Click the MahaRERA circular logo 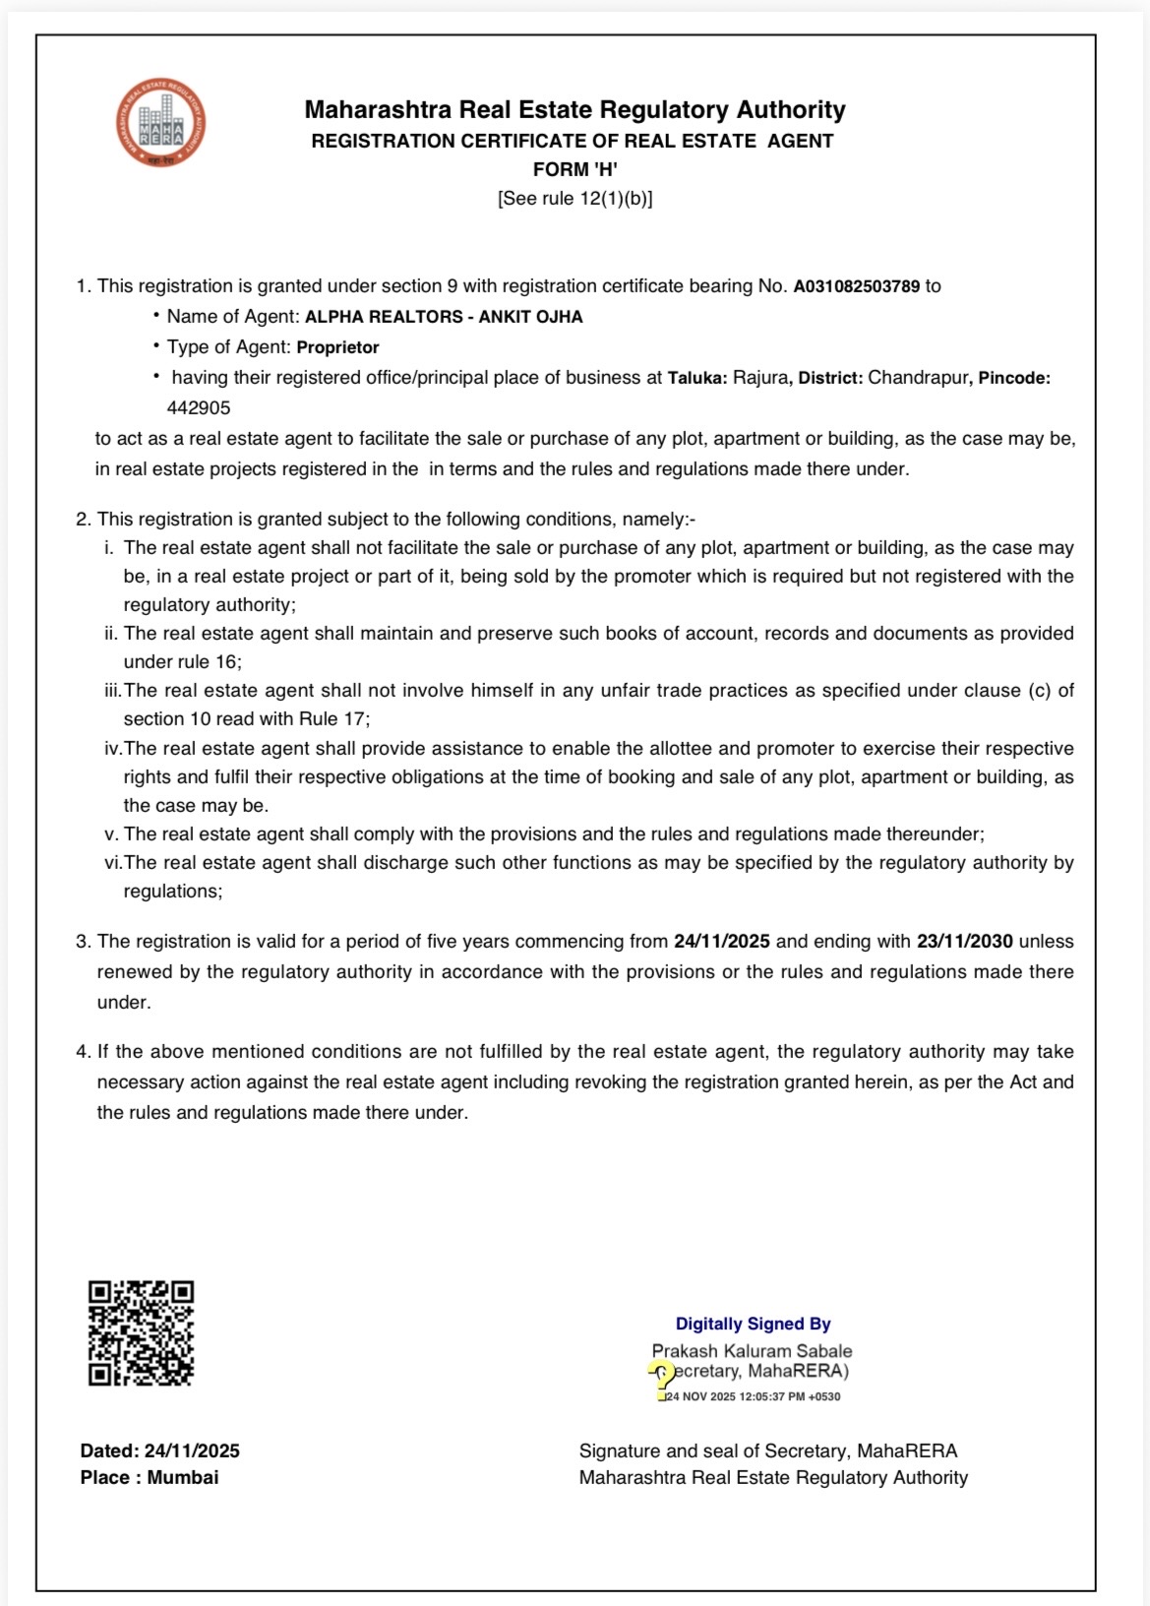click(x=160, y=122)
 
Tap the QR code click(x=141, y=1332)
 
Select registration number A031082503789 click(x=856, y=286)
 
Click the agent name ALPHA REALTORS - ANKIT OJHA click(x=444, y=317)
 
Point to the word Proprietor click(x=337, y=347)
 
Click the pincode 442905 click(x=199, y=407)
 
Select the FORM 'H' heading click(x=575, y=169)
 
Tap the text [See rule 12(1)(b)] click(x=575, y=199)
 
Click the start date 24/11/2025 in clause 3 click(x=721, y=942)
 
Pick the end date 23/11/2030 click(x=964, y=942)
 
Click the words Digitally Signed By click(x=753, y=1325)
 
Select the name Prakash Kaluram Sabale click(x=752, y=1351)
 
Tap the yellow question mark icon click(x=663, y=1377)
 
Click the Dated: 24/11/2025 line click(x=160, y=1451)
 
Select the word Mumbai click(x=183, y=1477)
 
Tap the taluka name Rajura click(x=759, y=378)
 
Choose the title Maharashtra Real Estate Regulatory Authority click(x=575, y=110)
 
